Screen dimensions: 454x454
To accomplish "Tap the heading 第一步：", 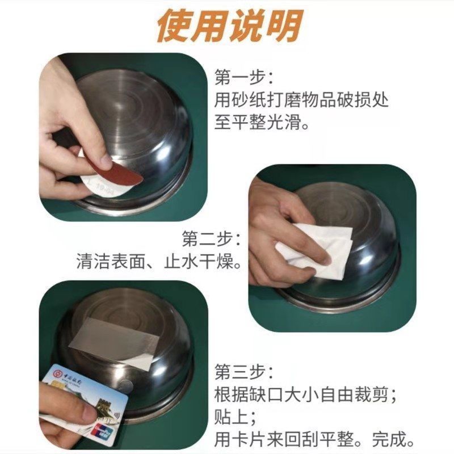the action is tap(244, 77).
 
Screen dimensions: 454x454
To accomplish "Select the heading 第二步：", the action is tap(211, 239).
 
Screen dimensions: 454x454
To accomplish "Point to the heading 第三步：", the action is tap(244, 372).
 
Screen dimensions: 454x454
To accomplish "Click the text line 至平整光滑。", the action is tap(262, 121).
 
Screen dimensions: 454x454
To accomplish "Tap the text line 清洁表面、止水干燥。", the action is tap(159, 262).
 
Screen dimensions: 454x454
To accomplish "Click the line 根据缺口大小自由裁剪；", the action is tap(305, 394).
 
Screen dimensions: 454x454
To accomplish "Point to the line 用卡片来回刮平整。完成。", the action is tap(315, 439).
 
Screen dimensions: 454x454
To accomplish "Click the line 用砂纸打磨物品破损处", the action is tap(301, 100).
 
